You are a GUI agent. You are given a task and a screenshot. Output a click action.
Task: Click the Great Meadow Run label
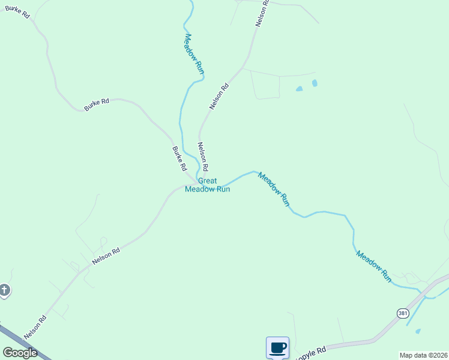click(x=208, y=185)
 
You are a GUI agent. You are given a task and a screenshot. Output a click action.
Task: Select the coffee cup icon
click(x=277, y=347)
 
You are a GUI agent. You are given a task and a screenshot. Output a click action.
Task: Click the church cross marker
click(x=4, y=291)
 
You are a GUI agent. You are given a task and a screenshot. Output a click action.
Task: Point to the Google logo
click(x=20, y=353)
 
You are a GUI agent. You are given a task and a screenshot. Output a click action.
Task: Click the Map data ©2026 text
click(x=423, y=355)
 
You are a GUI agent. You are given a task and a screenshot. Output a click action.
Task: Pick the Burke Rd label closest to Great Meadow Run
click(x=179, y=159)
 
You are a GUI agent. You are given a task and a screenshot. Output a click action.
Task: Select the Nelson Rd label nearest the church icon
click(x=35, y=327)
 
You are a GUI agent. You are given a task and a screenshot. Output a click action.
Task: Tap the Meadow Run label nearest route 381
click(x=373, y=266)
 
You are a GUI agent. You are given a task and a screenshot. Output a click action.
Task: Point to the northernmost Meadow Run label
click(x=194, y=54)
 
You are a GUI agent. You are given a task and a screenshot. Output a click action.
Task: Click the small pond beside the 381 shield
click(x=418, y=331)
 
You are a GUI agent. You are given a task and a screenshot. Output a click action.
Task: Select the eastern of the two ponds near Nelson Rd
click(x=315, y=83)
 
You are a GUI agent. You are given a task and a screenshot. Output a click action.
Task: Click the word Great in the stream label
click(x=207, y=181)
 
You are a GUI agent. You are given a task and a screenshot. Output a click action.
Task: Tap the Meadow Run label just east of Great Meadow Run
click(x=274, y=189)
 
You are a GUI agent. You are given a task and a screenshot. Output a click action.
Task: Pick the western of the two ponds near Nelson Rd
click(x=299, y=89)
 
